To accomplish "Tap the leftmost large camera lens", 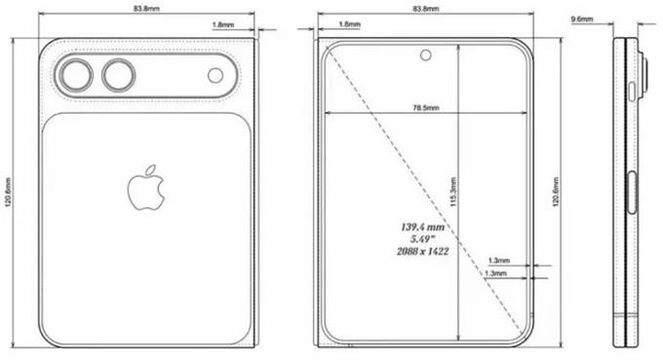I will click(74, 76).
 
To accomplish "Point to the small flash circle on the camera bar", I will click(215, 77).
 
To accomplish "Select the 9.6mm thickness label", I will click(582, 18).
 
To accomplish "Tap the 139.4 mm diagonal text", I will click(422, 226).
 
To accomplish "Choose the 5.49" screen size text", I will click(421, 237).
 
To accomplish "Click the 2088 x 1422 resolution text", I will click(422, 250).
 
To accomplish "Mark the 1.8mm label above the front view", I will click(346, 22).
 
